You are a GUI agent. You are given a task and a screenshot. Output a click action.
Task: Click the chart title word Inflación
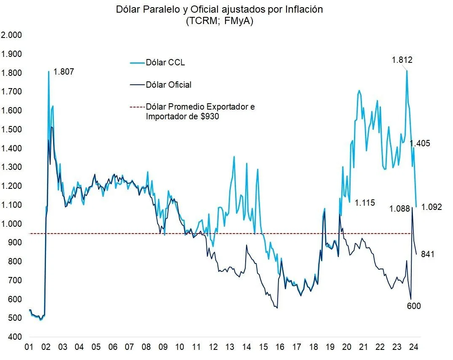[303, 10]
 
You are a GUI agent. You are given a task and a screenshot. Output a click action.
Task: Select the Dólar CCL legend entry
[165, 63]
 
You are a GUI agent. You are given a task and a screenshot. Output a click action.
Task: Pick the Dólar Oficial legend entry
[168, 85]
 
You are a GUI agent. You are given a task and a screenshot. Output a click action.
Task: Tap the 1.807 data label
[64, 72]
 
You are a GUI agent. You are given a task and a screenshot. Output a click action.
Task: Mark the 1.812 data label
[402, 60]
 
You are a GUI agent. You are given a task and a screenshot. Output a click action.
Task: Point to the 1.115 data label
[365, 203]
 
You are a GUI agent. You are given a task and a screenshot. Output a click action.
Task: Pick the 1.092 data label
[432, 207]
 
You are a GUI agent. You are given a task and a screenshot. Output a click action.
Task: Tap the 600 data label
[413, 306]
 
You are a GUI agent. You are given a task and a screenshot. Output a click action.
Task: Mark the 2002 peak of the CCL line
[48, 71]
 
